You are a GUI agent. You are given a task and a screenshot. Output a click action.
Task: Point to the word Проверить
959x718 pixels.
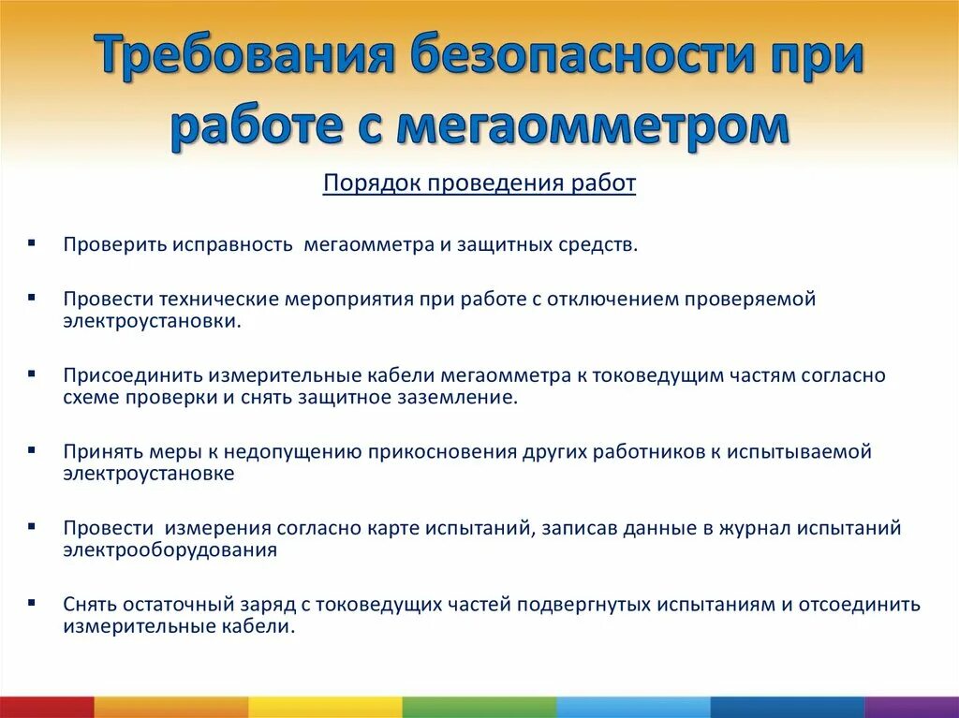[x=115, y=244]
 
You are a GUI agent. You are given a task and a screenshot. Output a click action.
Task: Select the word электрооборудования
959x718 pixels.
[x=170, y=549]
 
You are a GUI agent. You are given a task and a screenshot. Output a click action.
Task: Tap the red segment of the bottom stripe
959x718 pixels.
[x=47, y=707]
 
